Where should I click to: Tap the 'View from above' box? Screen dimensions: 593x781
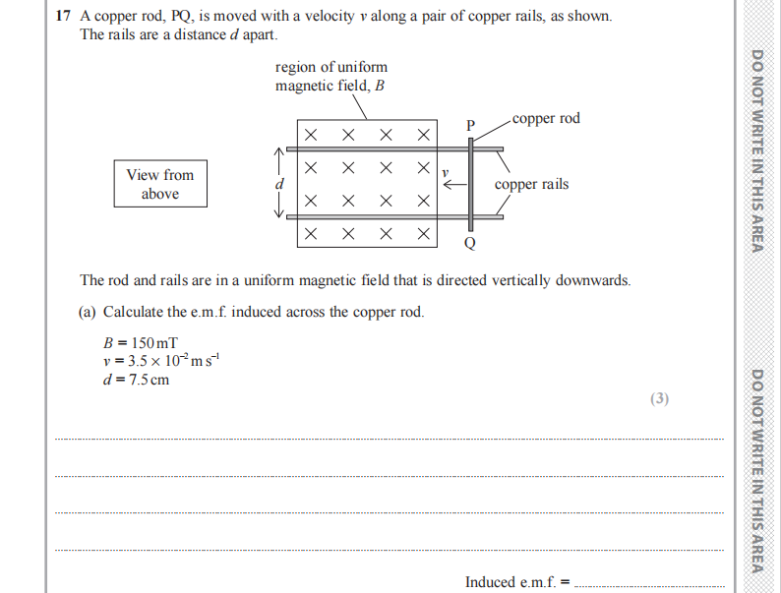160,184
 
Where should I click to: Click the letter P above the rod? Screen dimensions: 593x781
470,126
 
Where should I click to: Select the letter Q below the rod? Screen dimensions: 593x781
469,243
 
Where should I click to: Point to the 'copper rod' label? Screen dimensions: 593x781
546,119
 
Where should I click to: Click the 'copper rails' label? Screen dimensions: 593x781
531,184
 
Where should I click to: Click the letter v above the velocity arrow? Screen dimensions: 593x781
445,171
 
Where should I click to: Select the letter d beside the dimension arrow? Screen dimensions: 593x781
278,184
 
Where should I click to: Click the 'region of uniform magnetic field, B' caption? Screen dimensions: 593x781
331,76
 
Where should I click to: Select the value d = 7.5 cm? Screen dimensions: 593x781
136,380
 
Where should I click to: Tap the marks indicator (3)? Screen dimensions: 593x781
659,398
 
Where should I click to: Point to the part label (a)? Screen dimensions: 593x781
89,312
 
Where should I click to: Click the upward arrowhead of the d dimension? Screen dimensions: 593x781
279,153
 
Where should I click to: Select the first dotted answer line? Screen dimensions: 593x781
389,439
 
